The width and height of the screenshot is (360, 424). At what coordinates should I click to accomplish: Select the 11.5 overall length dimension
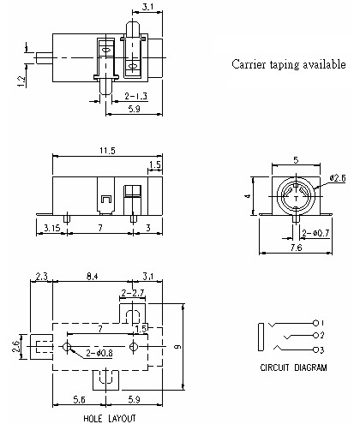105,151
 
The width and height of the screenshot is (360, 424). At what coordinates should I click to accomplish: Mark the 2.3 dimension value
39,276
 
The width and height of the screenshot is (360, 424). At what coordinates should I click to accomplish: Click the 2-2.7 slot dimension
132,294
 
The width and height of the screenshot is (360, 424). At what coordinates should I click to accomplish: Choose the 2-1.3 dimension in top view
135,97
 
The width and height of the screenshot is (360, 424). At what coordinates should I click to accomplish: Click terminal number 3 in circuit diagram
323,350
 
